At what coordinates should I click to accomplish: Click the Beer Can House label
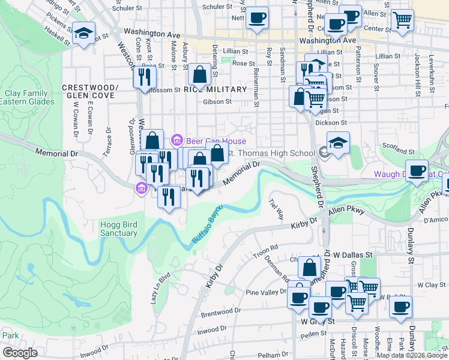click(x=208, y=141)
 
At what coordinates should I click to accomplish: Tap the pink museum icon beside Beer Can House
click(x=177, y=141)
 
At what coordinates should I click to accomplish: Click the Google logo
click(x=20, y=353)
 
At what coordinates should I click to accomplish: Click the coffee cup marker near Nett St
click(x=258, y=18)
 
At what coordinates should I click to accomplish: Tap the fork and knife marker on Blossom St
click(x=144, y=77)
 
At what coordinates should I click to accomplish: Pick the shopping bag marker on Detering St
click(x=199, y=74)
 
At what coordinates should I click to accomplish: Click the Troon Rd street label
click(x=267, y=247)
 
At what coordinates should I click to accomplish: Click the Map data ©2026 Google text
click(x=412, y=355)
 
